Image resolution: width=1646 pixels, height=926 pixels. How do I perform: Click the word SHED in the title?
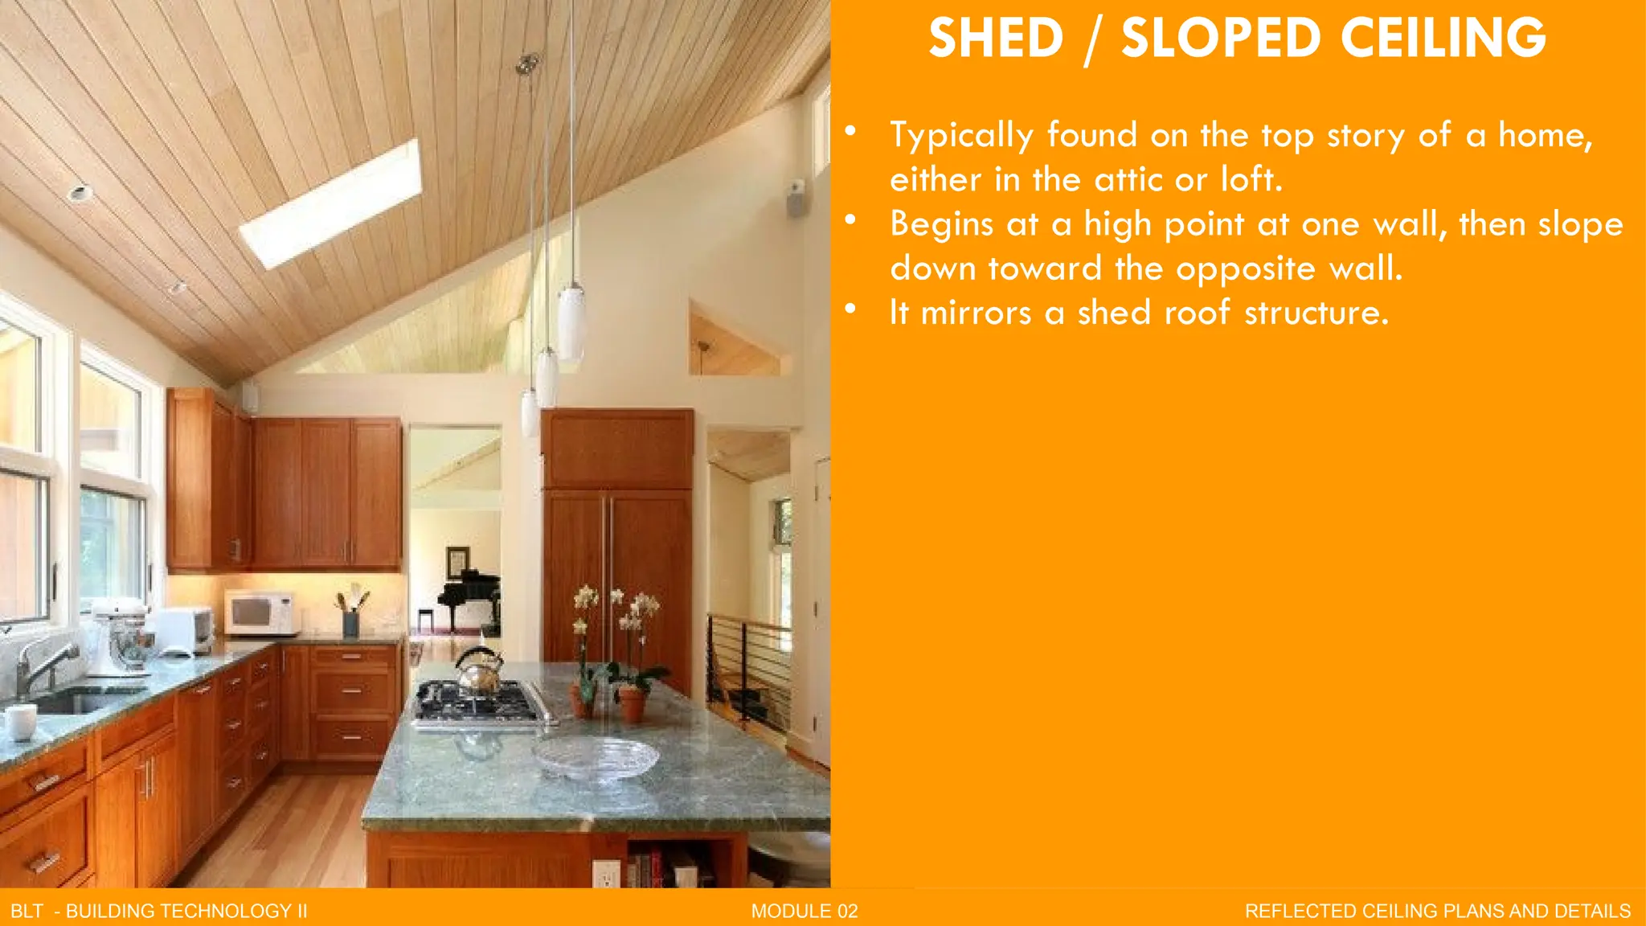coord(996,39)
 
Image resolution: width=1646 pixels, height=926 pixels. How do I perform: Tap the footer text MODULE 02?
coord(805,911)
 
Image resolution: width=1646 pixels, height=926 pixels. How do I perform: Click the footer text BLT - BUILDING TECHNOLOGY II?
coord(159,911)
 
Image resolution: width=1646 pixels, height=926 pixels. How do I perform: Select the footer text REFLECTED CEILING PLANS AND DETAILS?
coord(1437,911)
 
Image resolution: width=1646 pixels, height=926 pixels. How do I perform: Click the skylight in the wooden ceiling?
coord(330,204)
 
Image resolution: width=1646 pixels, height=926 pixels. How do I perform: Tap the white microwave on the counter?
coord(259,613)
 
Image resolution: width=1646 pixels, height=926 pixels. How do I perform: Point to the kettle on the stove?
coord(480,671)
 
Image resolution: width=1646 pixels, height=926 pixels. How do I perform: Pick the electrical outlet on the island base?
coord(606,874)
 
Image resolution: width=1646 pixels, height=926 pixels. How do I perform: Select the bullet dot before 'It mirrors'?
coord(850,309)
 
